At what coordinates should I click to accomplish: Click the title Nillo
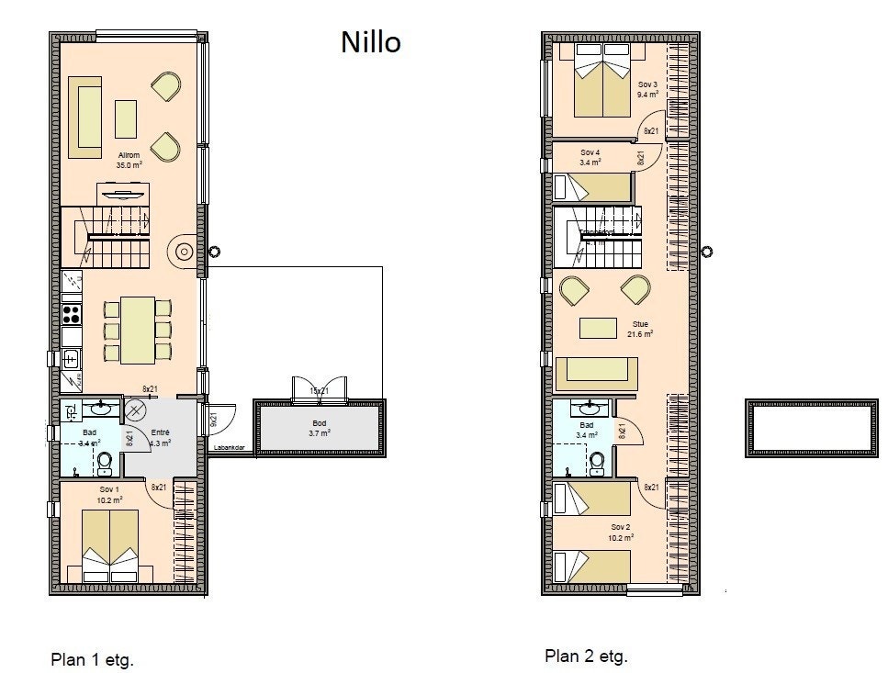click(371, 42)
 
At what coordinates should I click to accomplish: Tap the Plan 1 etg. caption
click(92, 659)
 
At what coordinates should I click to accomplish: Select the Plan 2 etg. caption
click(586, 656)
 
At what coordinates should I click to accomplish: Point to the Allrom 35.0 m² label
click(129, 160)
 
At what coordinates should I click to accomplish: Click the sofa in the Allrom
click(85, 118)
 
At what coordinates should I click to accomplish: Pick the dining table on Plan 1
click(138, 331)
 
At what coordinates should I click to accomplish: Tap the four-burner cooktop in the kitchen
click(72, 314)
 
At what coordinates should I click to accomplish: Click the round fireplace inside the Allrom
click(182, 250)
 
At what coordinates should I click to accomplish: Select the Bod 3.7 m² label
click(319, 428)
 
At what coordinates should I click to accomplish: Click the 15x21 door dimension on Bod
click(319, 391)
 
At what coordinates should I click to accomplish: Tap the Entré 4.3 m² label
click(162, 437)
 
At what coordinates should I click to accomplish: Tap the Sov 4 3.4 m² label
click(590, 157)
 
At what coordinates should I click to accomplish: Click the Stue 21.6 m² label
click(641, 329)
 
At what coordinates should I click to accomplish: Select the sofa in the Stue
click(597, 371)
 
